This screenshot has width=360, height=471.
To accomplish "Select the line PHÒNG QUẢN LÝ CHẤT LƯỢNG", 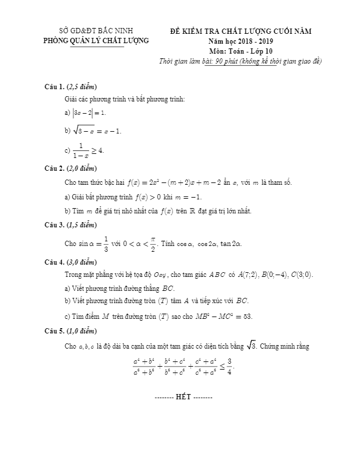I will coord(96,40).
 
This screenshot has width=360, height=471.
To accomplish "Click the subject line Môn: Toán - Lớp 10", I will coord(241,51).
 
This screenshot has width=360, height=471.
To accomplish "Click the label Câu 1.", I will coord(55,87).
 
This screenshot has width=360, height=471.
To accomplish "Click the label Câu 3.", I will coord(55,225).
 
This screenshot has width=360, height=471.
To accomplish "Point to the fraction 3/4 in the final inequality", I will coord(230,367).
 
